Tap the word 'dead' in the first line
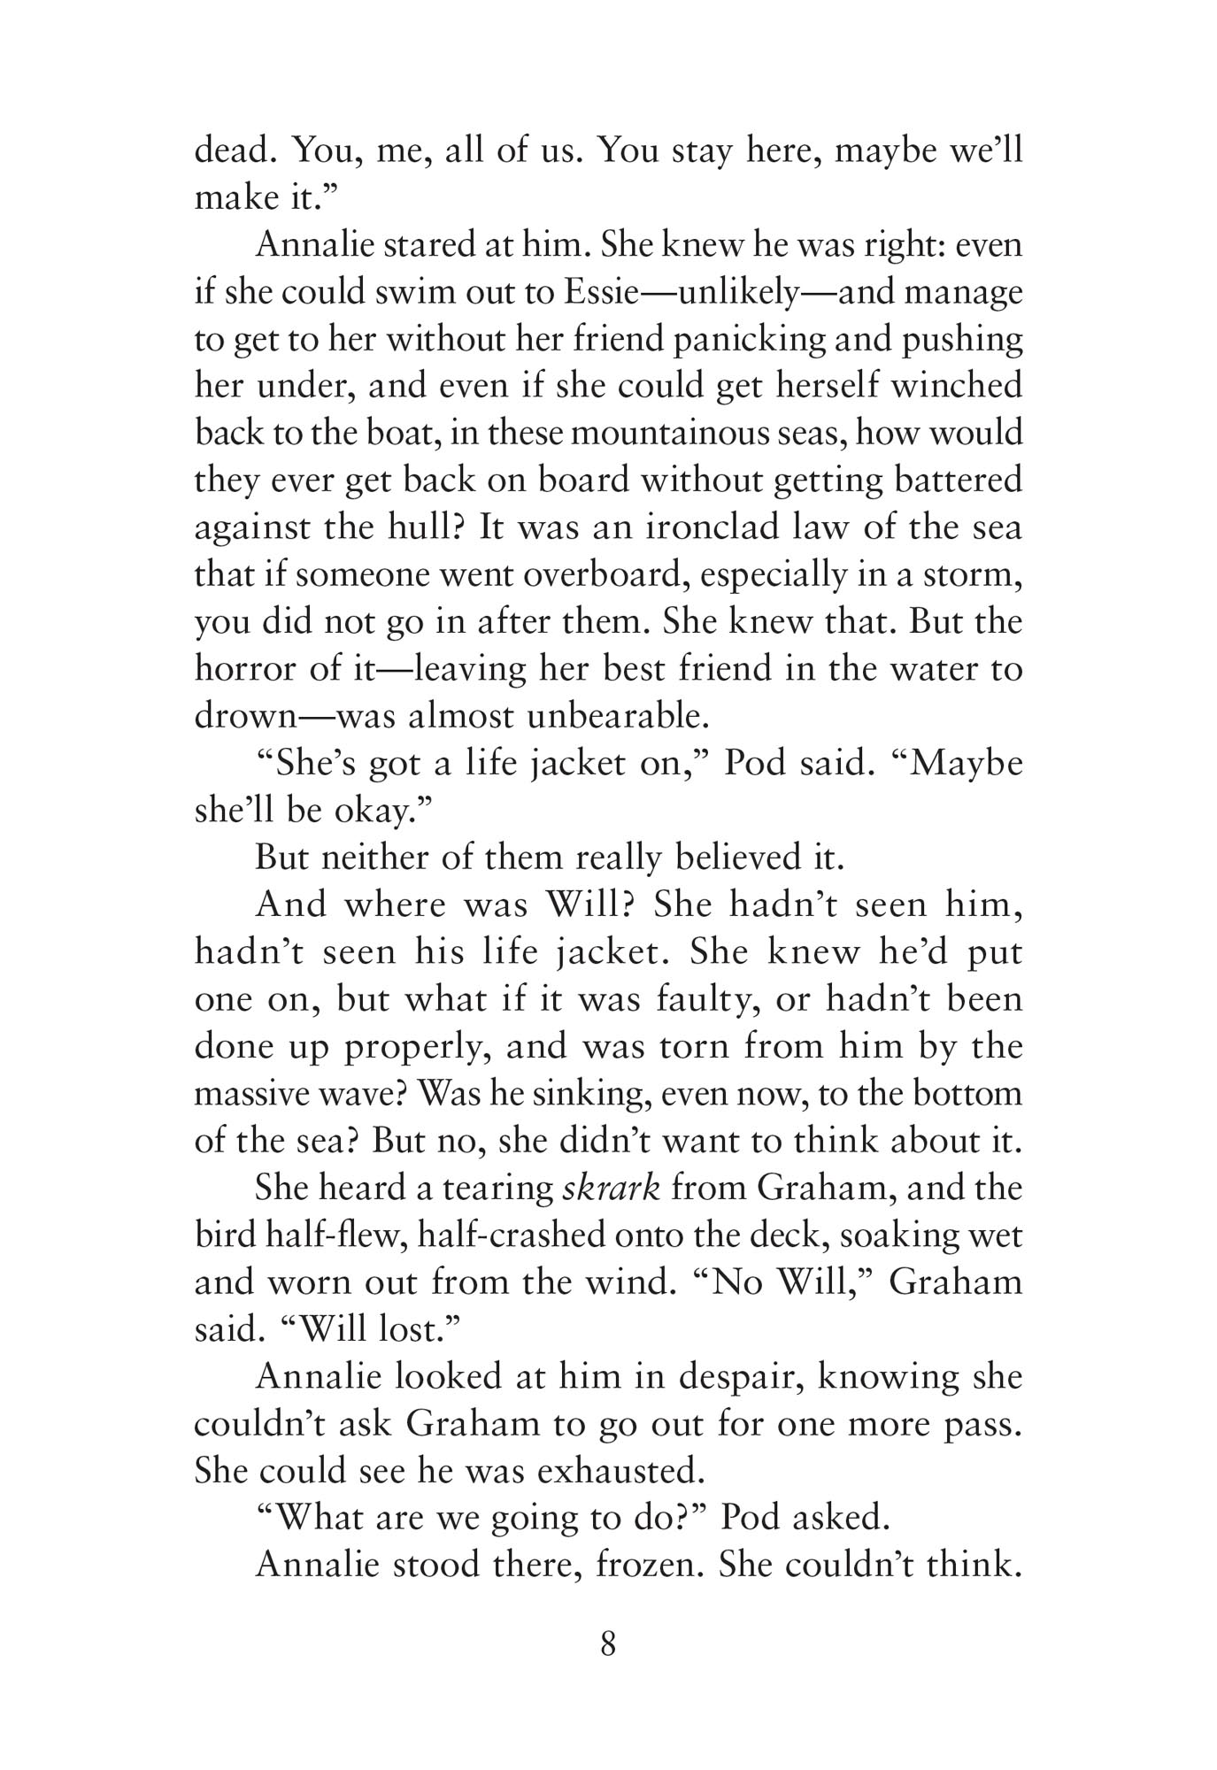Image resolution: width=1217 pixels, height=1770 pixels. click(x=233, y=151)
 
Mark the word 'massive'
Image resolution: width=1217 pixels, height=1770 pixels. click(x=253, y=1093)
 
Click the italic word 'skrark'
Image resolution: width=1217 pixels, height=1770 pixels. click(x=612, y=1188)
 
